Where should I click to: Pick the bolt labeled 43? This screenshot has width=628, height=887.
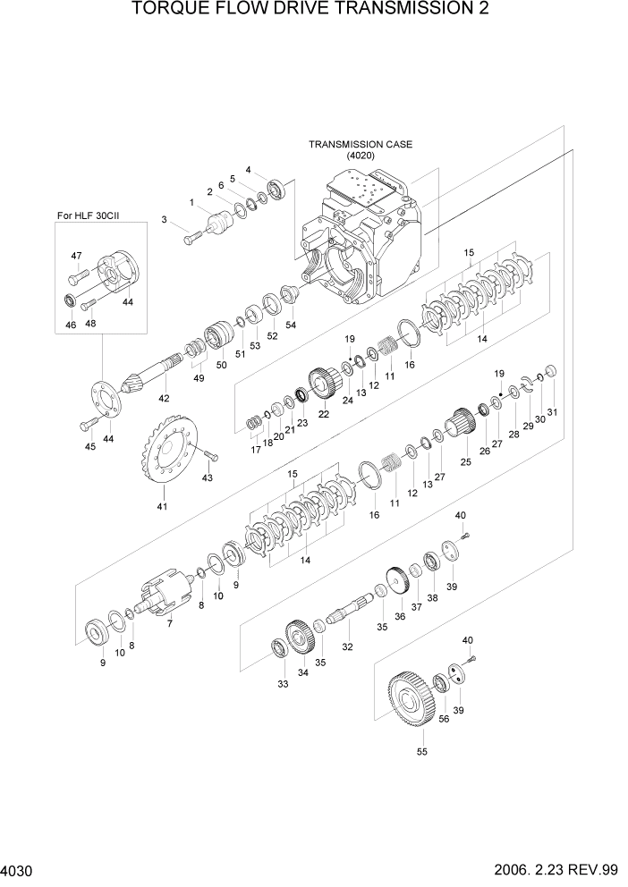[x=208, y=457]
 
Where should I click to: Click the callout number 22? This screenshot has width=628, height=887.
[x=323, y=415]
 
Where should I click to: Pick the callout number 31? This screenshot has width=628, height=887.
[x=552, y=411]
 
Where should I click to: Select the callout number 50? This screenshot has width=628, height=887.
[x=220, y=365]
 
